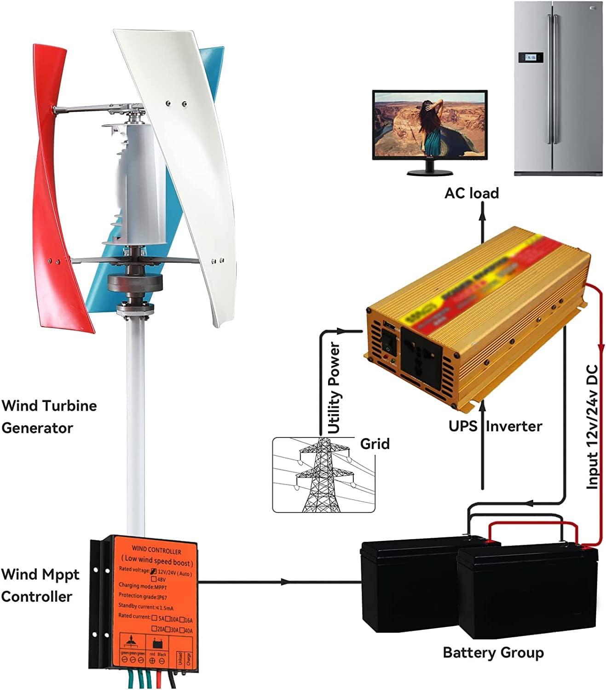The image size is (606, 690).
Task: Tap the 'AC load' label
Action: coord(471,193)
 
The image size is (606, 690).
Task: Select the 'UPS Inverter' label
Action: coord(495,426)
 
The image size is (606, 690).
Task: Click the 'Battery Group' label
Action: coord(493,652)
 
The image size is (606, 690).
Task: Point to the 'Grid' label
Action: coord(375,444)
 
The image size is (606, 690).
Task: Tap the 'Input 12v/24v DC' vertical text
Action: coord(593,426)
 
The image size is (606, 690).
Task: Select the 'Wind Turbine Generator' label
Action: coord(49,417)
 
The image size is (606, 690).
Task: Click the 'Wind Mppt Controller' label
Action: coord(40,585)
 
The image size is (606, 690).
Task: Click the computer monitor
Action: coord(429,131)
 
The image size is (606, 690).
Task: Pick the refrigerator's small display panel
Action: coord(531,57)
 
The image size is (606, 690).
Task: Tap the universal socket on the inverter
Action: coord(421,354)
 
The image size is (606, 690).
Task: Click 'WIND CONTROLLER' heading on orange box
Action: coord(156,551)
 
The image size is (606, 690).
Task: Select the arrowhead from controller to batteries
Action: coord(285,582)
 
